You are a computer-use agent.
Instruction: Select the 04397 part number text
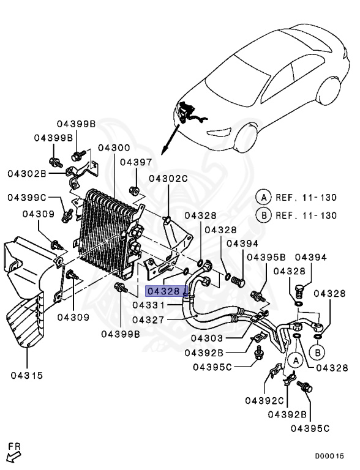click(x=135, y=162)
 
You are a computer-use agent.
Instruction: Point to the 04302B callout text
click(x=27, y=173)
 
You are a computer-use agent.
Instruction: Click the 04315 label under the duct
click(x=26, y=375)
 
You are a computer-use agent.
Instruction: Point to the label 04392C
click(x=264, y=400)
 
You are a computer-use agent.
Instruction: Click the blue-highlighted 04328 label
click(x=163, y=291)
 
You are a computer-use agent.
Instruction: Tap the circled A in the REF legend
click(x=263, y=198)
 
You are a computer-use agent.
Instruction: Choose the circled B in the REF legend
click(x=263, y=215)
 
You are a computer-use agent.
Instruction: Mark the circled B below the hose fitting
click(x=317, y=352)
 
